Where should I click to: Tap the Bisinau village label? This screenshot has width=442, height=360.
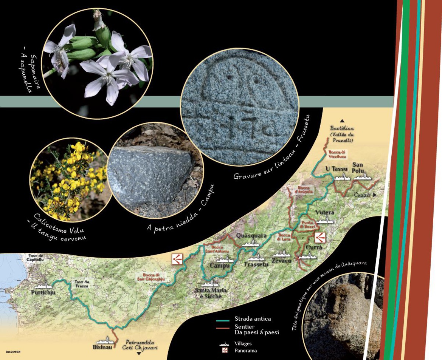(x=102, y=347)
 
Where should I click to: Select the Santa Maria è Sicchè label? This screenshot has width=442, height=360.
(x=211, y=293)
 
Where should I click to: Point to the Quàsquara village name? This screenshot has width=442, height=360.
(x=251, y=236)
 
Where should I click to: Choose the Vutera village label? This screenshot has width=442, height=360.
(x=324, y=212)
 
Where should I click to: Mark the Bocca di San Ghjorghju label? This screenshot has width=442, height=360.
(x=154, y=277)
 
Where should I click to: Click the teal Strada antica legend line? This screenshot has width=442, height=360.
(x=223, y=321)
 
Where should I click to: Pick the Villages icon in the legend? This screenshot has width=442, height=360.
(x=225, y=344)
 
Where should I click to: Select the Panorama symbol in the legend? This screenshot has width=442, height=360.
(x=225, y=351)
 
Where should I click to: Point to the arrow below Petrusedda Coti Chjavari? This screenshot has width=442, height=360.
(x=138, y=354)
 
